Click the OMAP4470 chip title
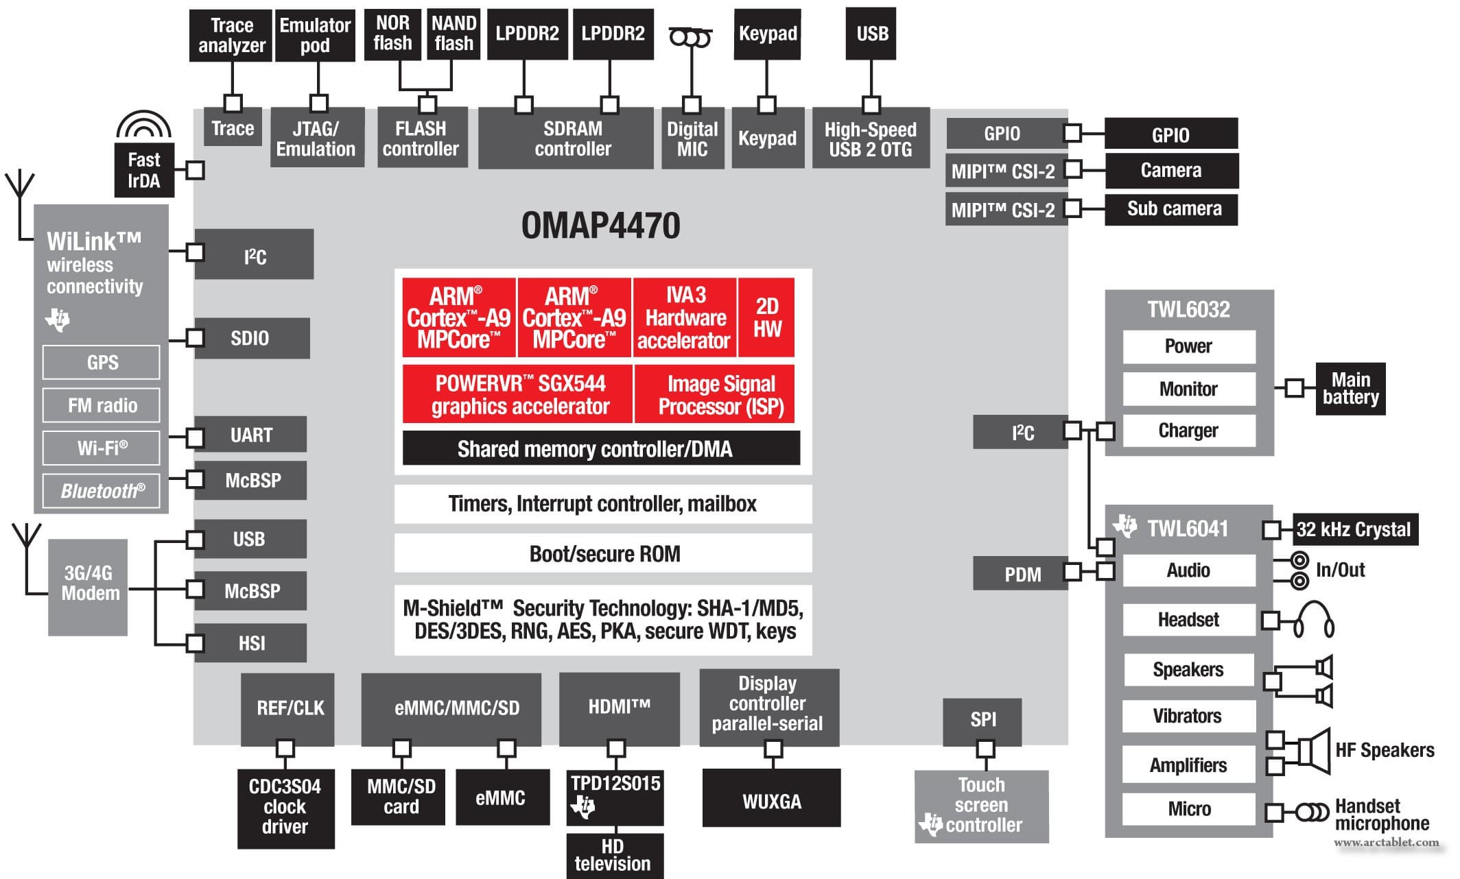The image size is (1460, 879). [600, 226]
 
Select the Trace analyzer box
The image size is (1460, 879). [231, 36]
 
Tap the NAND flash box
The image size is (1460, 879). [454, 34]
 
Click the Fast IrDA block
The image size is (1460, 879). [143, 170]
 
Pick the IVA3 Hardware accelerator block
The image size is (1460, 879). [685, 317]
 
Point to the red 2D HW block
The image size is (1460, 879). [767, 317]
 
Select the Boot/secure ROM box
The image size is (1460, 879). [603, 553]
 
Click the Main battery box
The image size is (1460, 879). [1350, 389]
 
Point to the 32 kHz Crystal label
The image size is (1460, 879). [1353, 529]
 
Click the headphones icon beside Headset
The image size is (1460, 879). [1313, 620]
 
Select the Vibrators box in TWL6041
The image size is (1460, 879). [1188, 716]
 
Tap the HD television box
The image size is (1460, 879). [614, 855]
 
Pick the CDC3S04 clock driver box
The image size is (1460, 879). [285, 807]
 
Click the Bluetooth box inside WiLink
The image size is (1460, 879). [102, 491]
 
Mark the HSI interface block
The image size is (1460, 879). [250, 643]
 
